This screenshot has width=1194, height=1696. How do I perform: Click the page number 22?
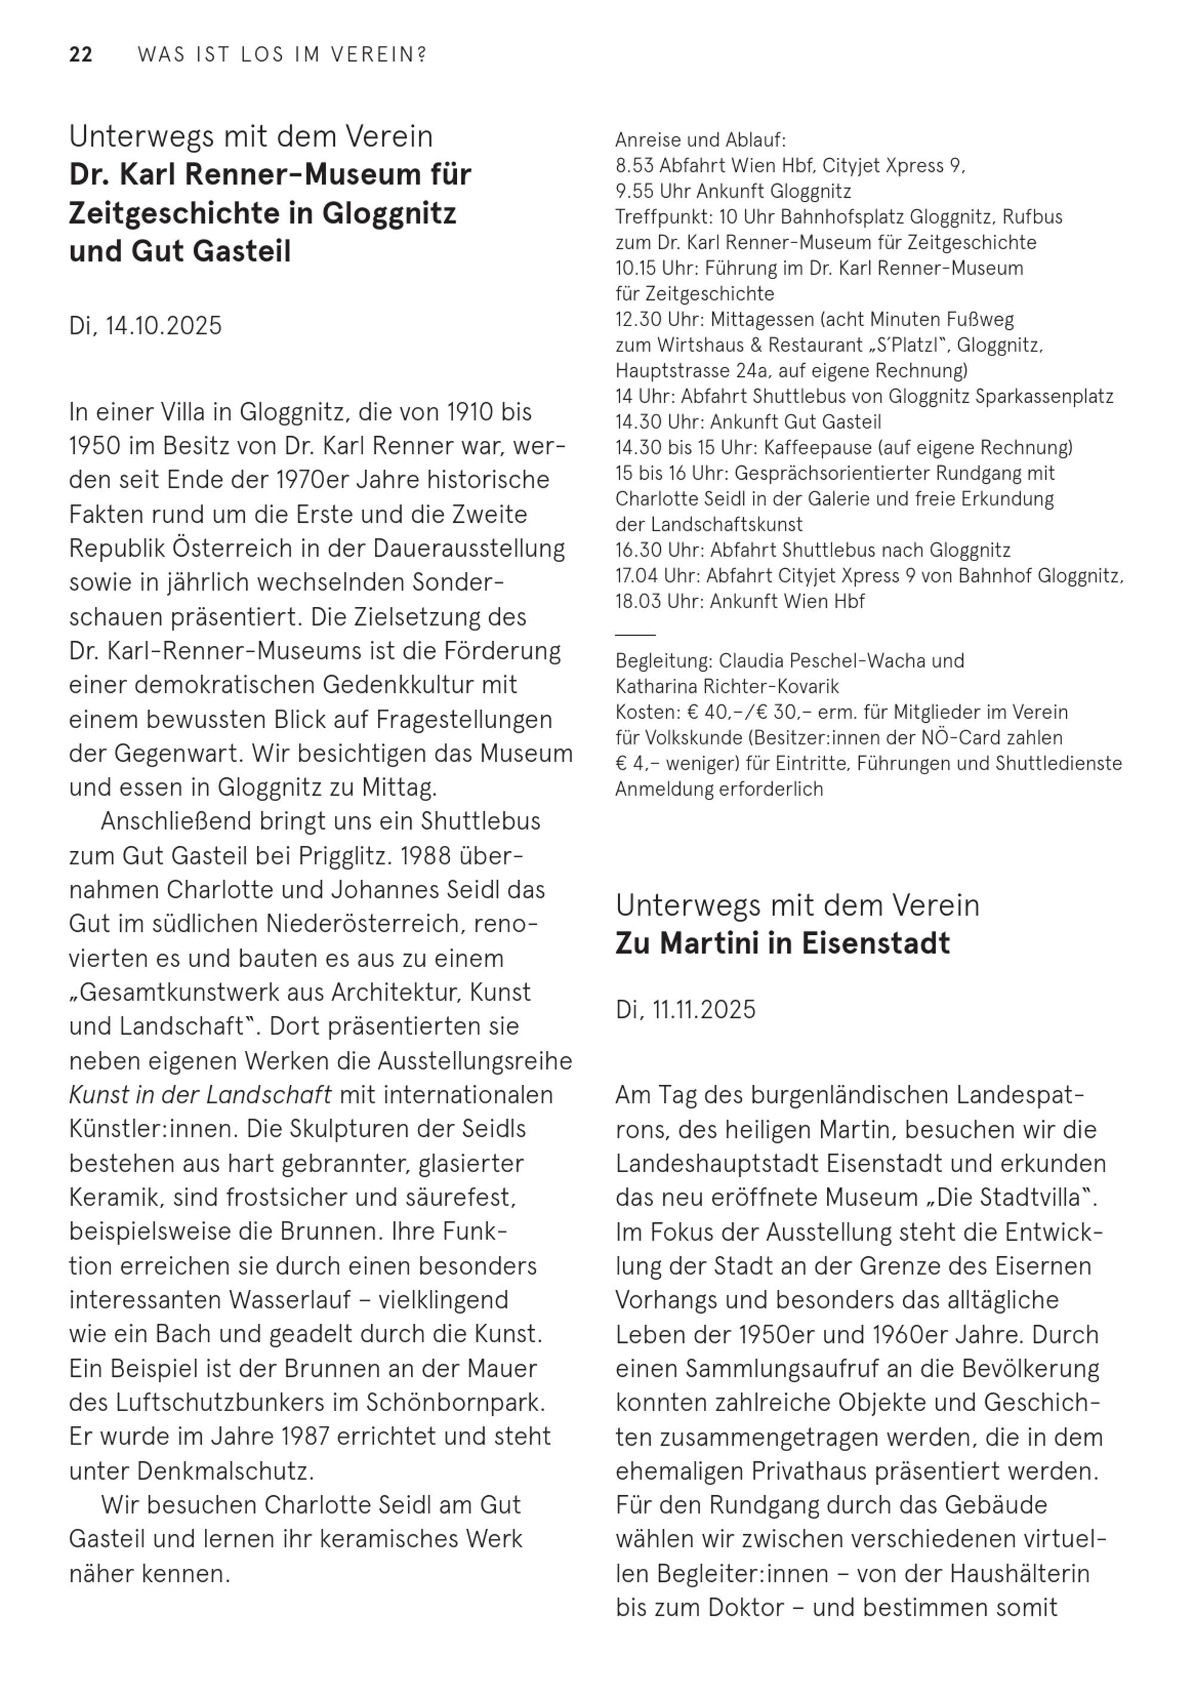[x=81, y=55]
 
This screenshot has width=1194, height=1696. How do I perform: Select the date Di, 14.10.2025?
[x=146, y=326]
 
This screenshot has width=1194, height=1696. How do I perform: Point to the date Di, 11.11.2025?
[x=685, y=1009]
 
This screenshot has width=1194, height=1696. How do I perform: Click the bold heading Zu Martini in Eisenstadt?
[x=782, y=943]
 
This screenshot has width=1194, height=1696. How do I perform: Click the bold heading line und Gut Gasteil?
[x=180, y=251]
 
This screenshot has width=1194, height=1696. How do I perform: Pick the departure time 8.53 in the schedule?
[x=634, y=165]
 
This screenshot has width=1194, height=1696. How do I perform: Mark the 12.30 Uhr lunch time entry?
[x=660, y=320]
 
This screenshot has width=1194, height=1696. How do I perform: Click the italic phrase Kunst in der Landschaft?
[x=200, y=1094]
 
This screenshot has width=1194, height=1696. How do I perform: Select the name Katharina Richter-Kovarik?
[x=727, y=687]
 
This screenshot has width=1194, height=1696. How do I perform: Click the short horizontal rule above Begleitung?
[x=635, y=634]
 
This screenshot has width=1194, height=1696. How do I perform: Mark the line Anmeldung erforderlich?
[x=718, y=789]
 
